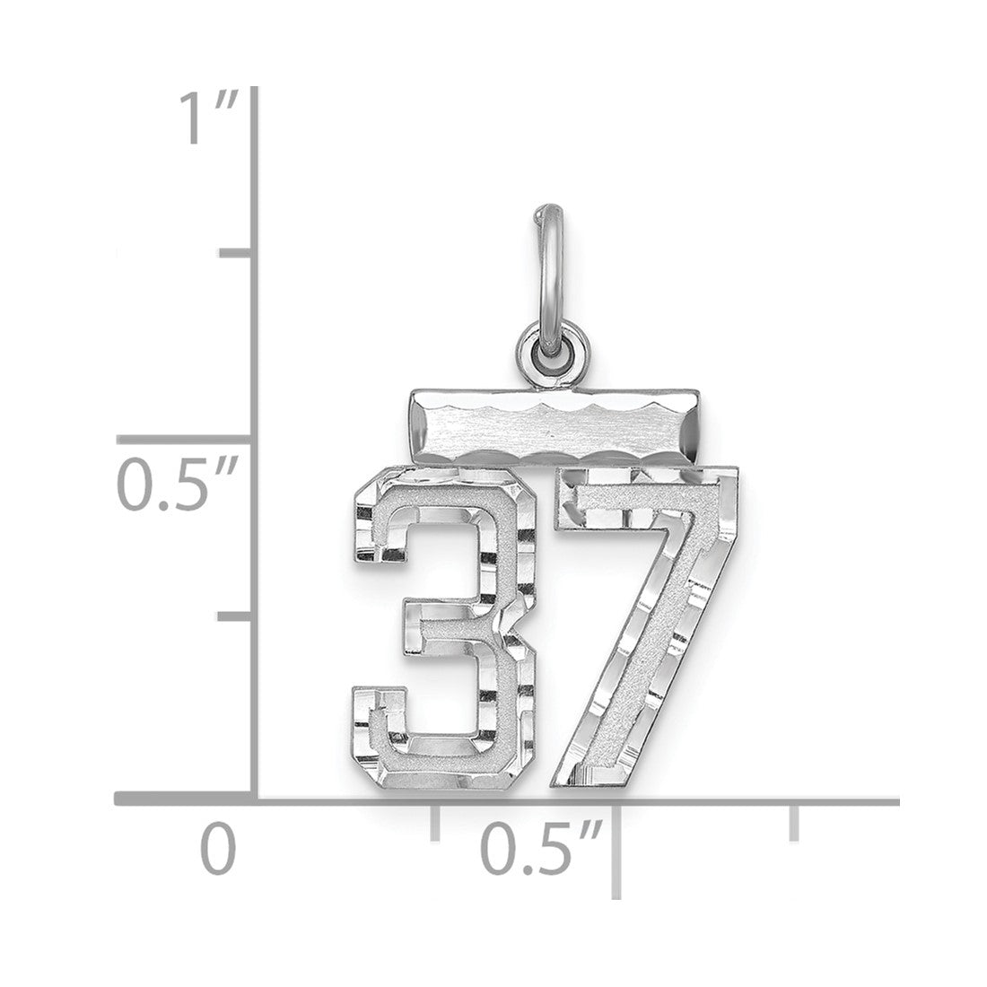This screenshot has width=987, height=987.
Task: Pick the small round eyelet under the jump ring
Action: (552, 350)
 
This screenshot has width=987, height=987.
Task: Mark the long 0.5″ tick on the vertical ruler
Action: (185, 440)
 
